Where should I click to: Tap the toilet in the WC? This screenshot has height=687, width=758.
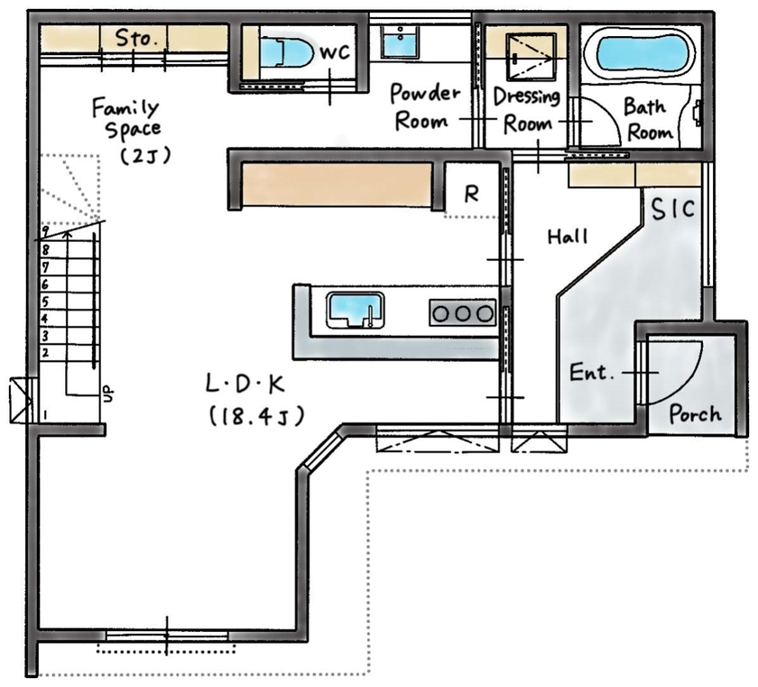pyautogui.click(x=284, y=51)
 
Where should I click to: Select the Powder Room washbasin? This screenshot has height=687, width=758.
pyautogui.click(x=396, y=42)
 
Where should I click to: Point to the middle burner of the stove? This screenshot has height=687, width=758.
pyautogui.click(x=462, y=312)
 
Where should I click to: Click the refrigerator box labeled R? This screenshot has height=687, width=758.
pyautogui.click(x=471, y=192)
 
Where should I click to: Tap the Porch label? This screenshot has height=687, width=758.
pyautogui.click(x=695, y=413)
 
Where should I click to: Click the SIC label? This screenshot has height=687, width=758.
pyautogui.click(x=673, y=209)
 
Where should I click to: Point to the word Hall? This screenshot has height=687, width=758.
pyautogui.click(x=568, y=237)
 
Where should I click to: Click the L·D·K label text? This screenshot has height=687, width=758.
pyautogui.click(x=245, y=385)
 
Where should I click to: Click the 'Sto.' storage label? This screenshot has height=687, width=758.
pyautogui.click(x=135, y=38)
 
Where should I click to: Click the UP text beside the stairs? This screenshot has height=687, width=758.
pyautogui.click(x=108, y=394)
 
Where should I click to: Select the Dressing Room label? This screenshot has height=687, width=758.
pyautogui.click(x=527, y=109)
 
